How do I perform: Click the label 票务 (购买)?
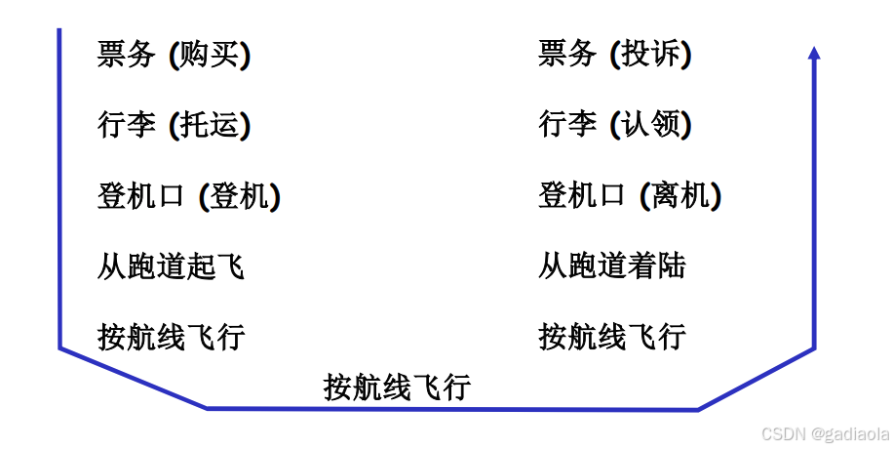(x=174, y=55)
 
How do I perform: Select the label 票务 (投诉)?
(x=614, y=55)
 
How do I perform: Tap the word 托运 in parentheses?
(x=210, y=126)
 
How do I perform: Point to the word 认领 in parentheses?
(x=651, y=126)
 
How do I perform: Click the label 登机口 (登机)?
(x=189, y=197)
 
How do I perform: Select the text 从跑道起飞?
(x=171, y=266)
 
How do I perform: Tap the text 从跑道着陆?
(x=612, y=266)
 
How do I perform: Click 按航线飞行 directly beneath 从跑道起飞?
(x=171, y=338)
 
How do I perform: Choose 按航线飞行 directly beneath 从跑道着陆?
(x=612, y=338)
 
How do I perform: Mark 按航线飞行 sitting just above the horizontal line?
(x=397, y=388)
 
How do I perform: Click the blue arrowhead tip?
(x=815, y=49)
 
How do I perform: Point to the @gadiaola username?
(x=848, y=433)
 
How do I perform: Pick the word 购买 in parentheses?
(x=210, y=55)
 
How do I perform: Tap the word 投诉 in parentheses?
(x=651, y=55)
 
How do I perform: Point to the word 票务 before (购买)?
(x=127, y=55)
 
